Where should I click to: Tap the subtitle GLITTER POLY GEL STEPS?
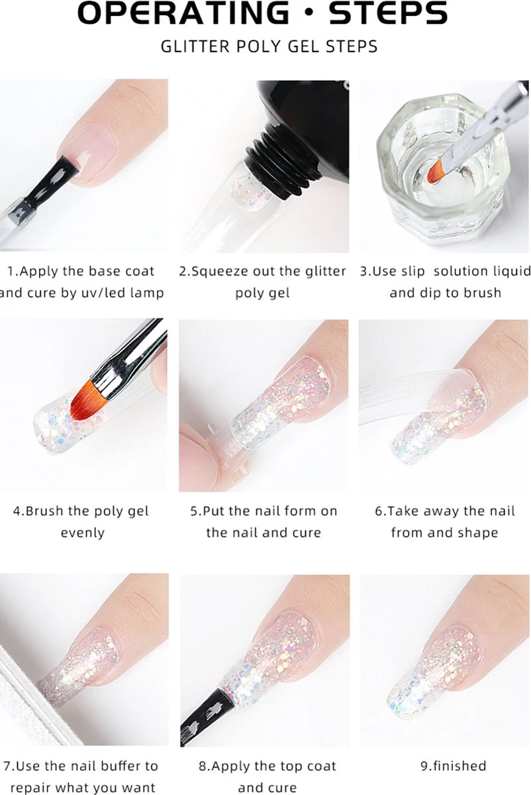(x=269, y=47)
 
